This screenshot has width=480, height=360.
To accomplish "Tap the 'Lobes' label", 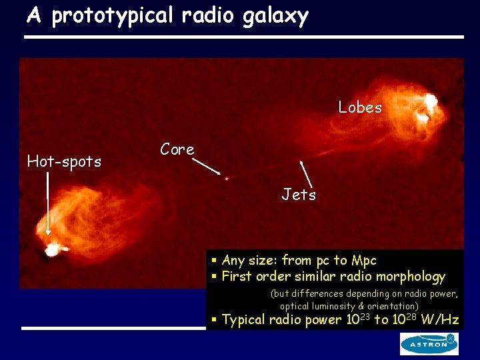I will coord(360,107).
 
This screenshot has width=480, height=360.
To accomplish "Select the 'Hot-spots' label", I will coord(64,161).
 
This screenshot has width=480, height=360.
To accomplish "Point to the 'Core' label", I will coord(177,150).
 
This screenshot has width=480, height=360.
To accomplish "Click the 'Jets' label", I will coord(299,195).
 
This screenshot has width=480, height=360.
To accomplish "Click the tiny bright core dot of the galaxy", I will coord(227,179).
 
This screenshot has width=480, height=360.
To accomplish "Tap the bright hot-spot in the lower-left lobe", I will coord(51,251).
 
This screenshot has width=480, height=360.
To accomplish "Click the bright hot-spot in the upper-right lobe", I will coord(429,102).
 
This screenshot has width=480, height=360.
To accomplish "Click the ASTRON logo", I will coord(429,344).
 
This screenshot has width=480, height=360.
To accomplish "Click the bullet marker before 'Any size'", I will coord(215,260).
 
